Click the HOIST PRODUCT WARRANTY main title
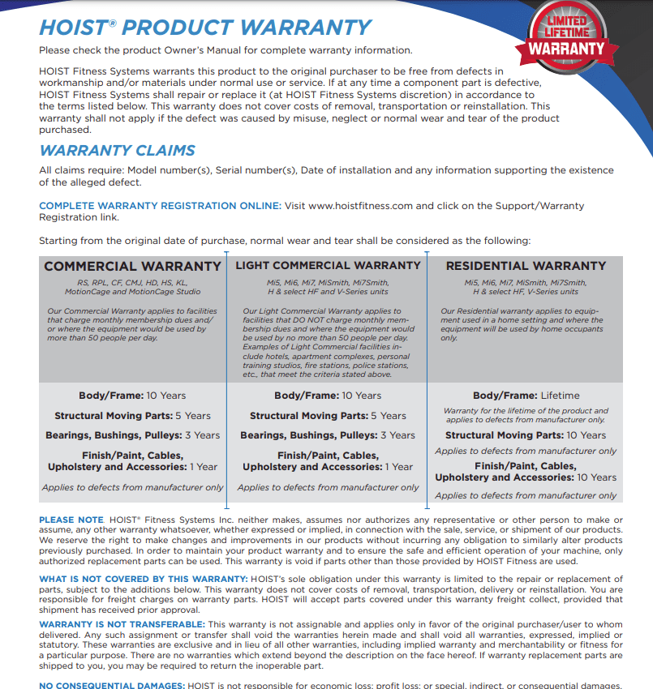tap(205, 27)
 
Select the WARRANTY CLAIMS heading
tap(117, 150)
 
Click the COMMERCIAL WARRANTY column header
tap(132, 266)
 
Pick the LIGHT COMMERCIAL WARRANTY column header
tap(328, 265)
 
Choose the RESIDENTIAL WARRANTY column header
tap(526, 266)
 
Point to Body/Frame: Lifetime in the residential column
tap(526, 396)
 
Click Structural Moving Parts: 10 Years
tap(526, 435)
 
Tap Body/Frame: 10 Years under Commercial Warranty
tap(132, 396)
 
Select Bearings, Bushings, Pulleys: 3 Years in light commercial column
tap(328, 435)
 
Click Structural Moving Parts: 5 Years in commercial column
tap(132, 416)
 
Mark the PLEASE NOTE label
tap(71, 520)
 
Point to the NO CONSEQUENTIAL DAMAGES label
tap(111, 686)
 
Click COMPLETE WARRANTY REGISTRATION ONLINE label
tap(160, 206)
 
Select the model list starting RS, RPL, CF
tap(132, 287)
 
